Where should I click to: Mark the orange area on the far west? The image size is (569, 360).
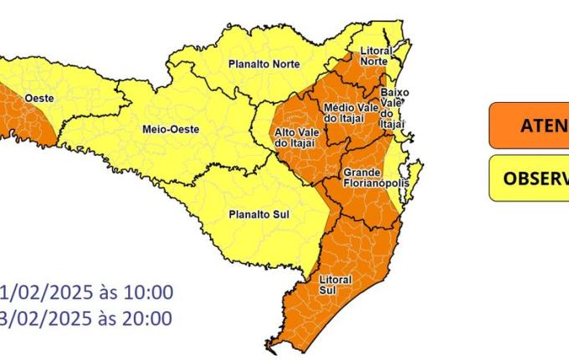click(21, 117)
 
